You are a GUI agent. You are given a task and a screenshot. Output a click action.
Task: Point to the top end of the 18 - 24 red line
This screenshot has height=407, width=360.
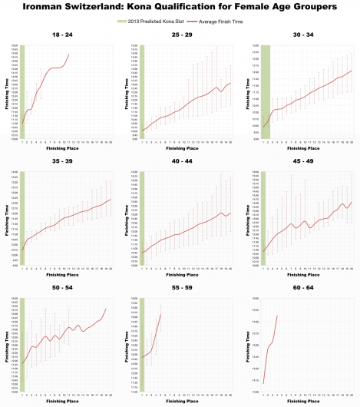point(69,54)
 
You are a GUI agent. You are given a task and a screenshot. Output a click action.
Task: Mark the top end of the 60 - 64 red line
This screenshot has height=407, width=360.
point(276,316)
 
